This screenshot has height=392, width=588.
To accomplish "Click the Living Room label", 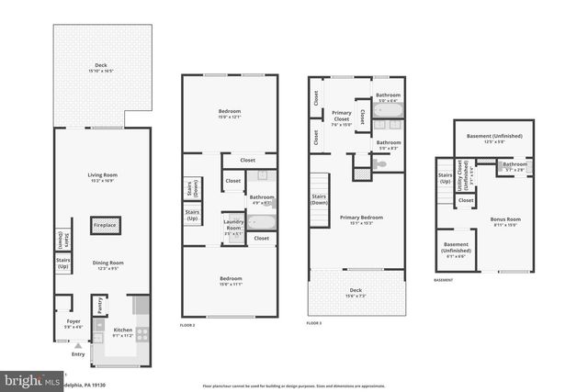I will pyautogui.click(x=102, y=178).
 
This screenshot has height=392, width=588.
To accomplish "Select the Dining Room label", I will pyautogui.click(x=107, y=265).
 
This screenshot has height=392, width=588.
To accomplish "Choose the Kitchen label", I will pyautogui.click(x=122, y=332).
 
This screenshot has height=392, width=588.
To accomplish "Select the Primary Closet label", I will pyautogui.click(x=342, y=116).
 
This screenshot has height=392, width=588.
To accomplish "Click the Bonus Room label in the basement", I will pyautogui.click(x=506, y=220).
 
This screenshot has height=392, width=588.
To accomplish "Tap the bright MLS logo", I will pyautogui.click(x=28, y=378).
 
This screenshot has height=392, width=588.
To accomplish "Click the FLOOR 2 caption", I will pyautogui.click(x=187, y=326).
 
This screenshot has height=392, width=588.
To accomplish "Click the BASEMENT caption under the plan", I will pyautogui.click(x=445, y=279).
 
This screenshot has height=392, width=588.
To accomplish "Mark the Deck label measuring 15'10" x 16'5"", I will pyautogui.click(x=101, y=67).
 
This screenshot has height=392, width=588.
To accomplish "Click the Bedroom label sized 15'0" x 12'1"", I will pyautogui.click(x=229, y=113).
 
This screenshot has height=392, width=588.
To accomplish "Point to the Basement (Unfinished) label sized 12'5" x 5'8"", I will pyautogui.click(x=494, y=139).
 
